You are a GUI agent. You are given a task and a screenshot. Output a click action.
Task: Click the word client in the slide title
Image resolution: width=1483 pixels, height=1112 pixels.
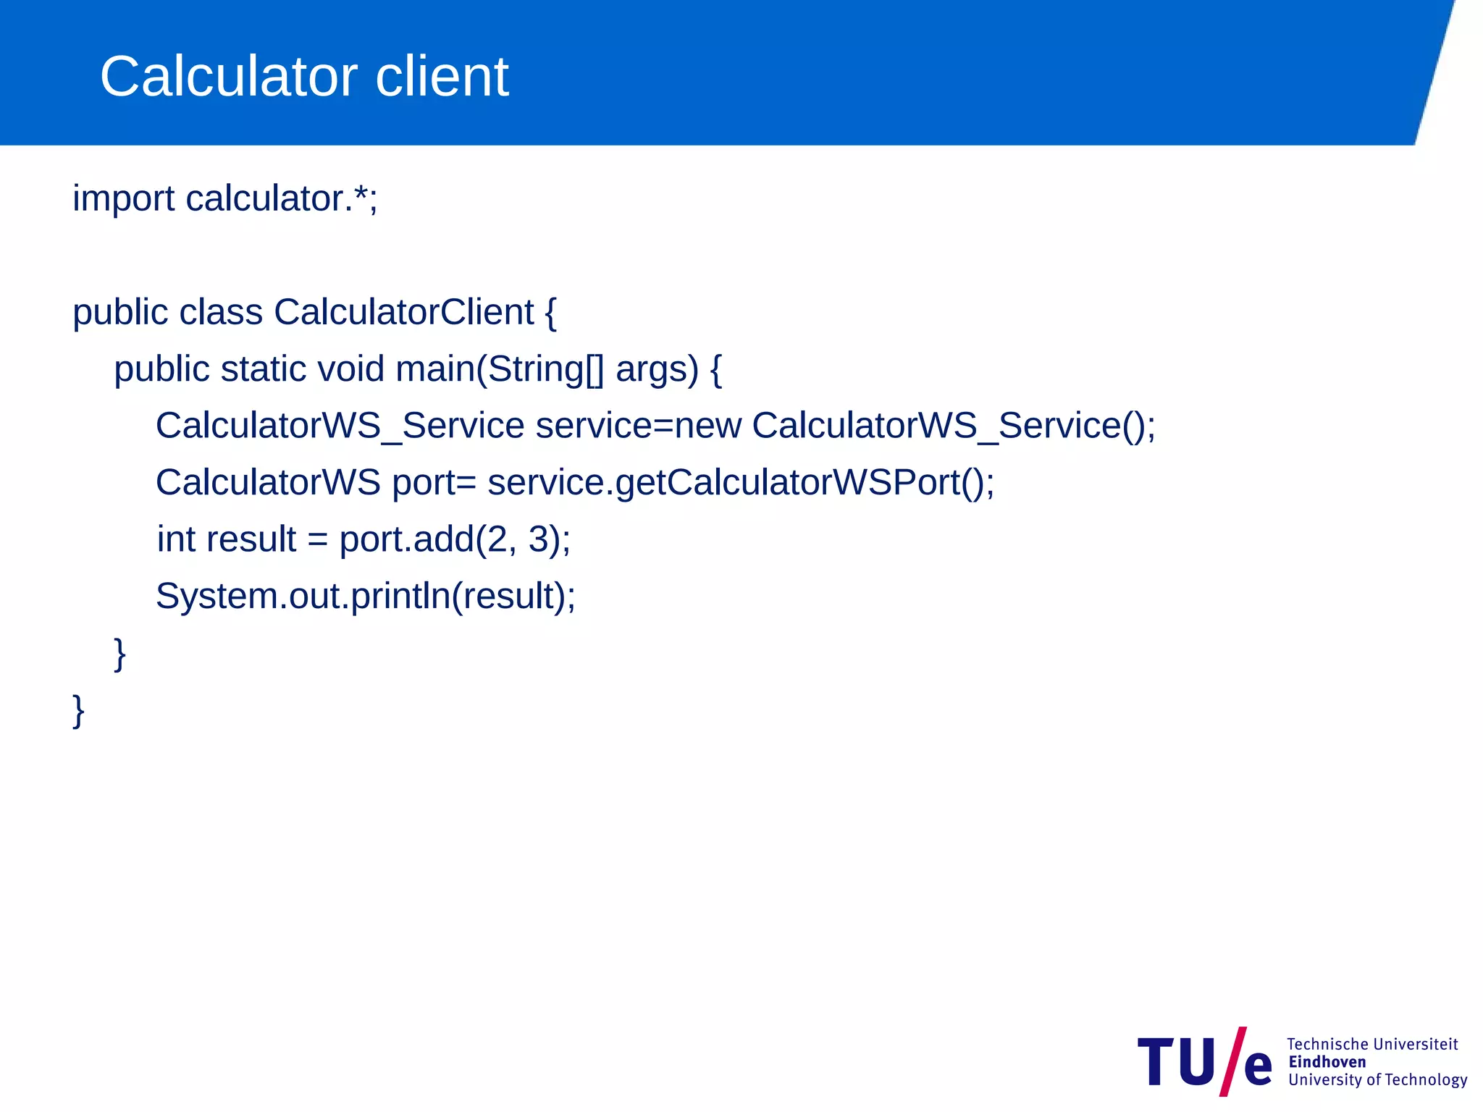pos(442,77)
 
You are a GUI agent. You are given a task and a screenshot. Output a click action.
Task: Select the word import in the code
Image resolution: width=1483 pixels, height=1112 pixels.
pos(123,199)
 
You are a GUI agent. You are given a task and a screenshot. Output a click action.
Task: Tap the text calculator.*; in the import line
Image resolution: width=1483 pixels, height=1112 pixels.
pos(282,199)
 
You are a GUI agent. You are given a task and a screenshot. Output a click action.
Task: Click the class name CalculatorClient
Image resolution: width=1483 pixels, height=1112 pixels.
pos(403,313)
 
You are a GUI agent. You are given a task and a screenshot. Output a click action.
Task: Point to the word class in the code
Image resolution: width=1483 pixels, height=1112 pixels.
pos(221,313)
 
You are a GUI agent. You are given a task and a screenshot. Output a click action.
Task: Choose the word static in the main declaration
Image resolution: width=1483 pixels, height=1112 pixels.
pos(264,369)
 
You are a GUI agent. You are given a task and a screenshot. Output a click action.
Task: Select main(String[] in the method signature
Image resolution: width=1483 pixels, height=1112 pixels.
pos(500,369)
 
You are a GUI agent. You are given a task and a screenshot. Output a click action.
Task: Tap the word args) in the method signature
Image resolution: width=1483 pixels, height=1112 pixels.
pos(657,371)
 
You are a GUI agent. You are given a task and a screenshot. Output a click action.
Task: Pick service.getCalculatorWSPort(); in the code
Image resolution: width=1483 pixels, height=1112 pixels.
pos(741,483)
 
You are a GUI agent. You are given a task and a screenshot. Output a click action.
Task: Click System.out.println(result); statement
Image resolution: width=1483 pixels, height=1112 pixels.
pos(366,597)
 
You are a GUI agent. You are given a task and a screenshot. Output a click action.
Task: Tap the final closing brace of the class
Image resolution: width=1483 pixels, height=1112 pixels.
pos(79,711)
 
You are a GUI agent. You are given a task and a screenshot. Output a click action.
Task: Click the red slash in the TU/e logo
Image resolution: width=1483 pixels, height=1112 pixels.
pos(1232,1061)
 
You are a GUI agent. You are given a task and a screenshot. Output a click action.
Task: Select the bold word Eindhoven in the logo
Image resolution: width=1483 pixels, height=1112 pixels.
pos(1327,1062)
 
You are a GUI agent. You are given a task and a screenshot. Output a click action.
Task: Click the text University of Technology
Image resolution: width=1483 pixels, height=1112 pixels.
pos(1377,1080)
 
